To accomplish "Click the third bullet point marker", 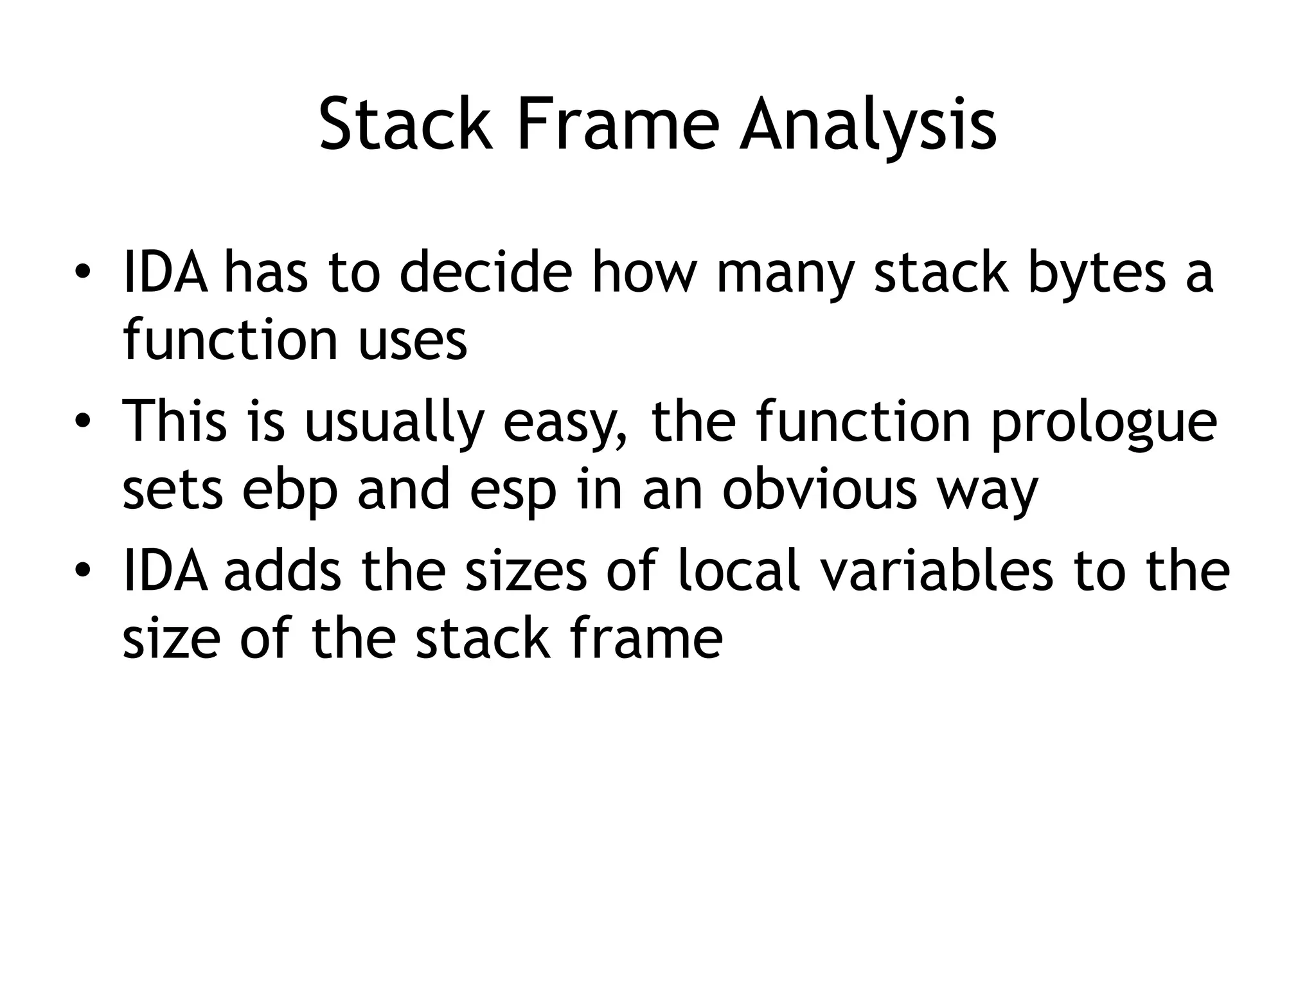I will pyautogui.click(x=81, y=570).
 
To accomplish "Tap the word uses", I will pyautogui.click(x=412, y=340).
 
